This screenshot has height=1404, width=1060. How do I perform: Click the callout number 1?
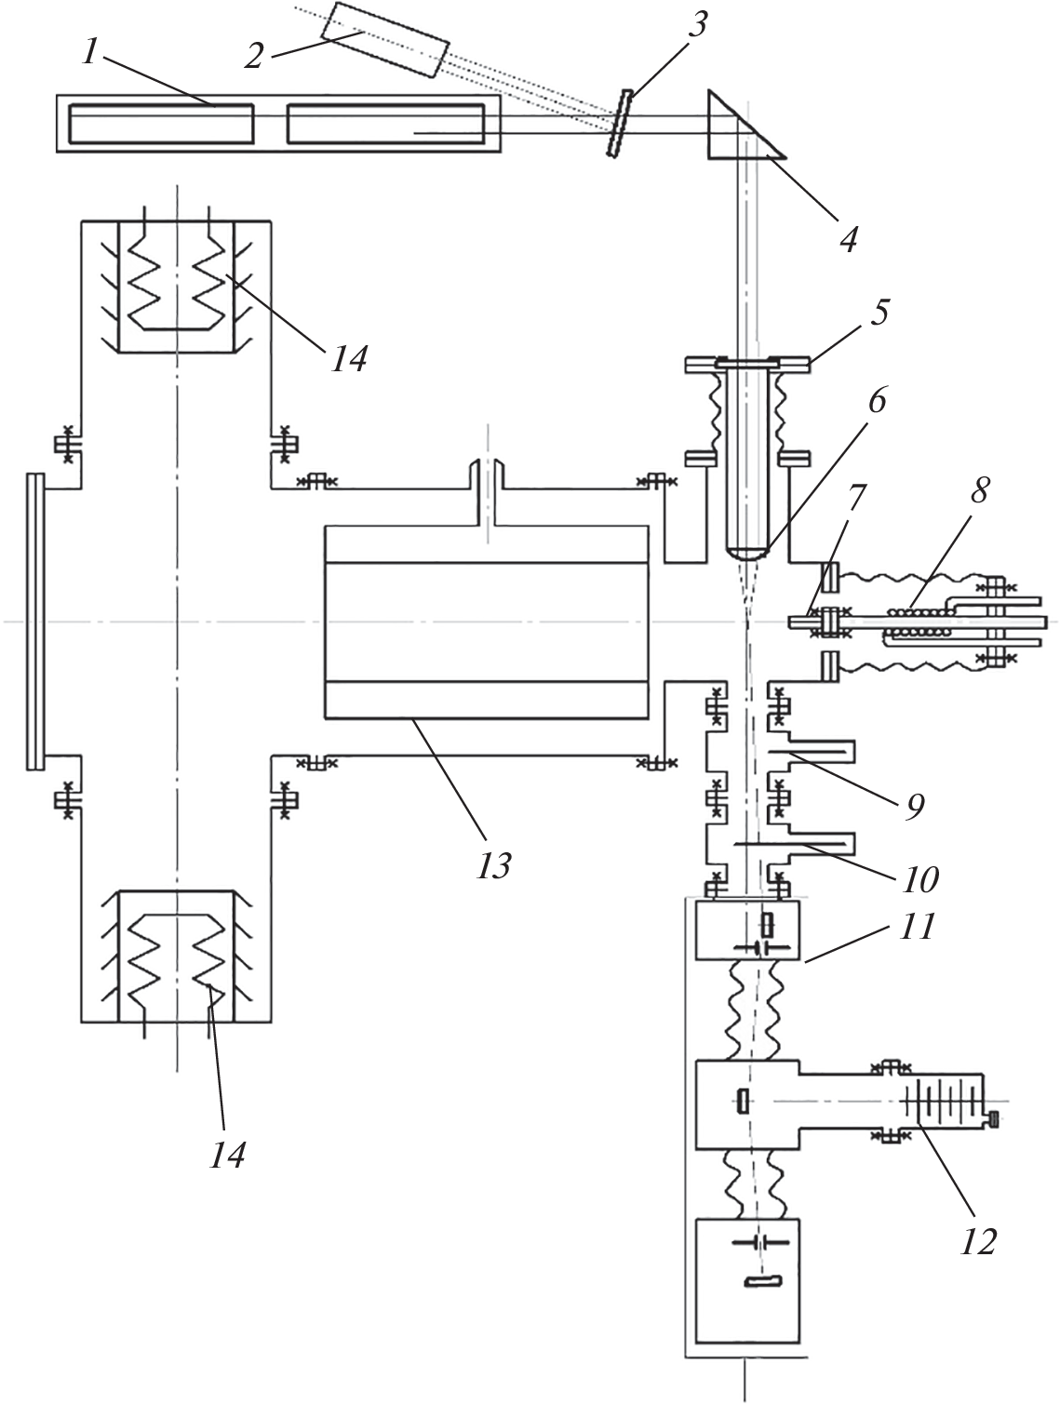pyautogui.click(x=90, y=53)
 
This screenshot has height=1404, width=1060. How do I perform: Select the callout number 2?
pyautogui.click(x=253, y=55)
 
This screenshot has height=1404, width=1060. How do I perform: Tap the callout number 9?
pyautogui.click(x=915, y=807)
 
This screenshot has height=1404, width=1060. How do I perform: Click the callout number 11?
pyautogui.click(x=917, y=928)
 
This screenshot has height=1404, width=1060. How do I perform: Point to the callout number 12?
pyautogui.click(x=978, y=1239)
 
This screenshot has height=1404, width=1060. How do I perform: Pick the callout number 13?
pyautogui.click(x=494, y=865)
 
